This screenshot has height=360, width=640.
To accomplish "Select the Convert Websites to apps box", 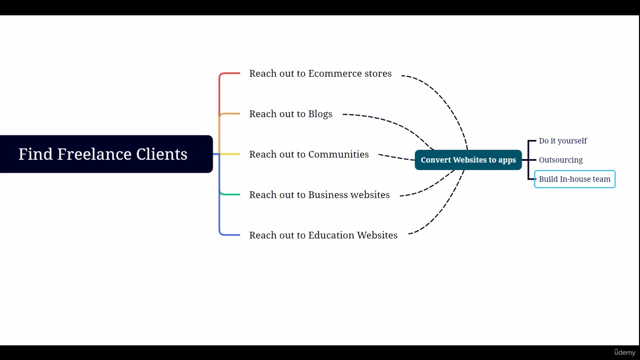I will (468, 160).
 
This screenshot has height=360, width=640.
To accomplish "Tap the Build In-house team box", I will (575, 179).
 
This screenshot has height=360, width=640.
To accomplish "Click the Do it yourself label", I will (563, 141).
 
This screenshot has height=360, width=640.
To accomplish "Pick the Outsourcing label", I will (561, 160).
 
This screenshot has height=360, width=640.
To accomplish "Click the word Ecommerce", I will (335, 73).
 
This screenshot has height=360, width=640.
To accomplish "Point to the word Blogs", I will (320, 114).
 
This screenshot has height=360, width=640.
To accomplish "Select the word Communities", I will (338, 154).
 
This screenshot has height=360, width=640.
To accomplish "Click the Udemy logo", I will (625, 352).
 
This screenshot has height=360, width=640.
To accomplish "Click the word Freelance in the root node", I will (94, 154).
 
